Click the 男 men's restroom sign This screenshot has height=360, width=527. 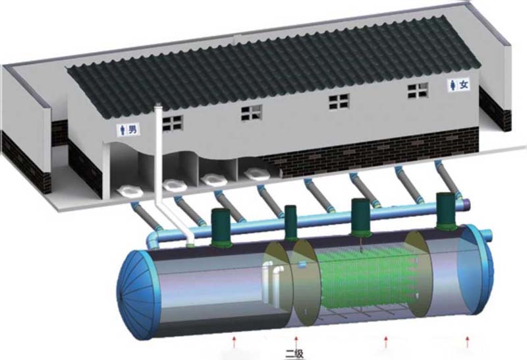click(129, 129)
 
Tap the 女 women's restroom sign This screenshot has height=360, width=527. click(460, 84)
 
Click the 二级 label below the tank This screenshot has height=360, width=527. click(294, 354)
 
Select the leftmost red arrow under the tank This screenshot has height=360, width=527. click(235, 341)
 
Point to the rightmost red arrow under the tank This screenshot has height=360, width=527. click(467, 342)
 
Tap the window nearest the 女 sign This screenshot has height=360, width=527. click(418, 90)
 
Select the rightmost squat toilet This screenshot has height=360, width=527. click(258, 173)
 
